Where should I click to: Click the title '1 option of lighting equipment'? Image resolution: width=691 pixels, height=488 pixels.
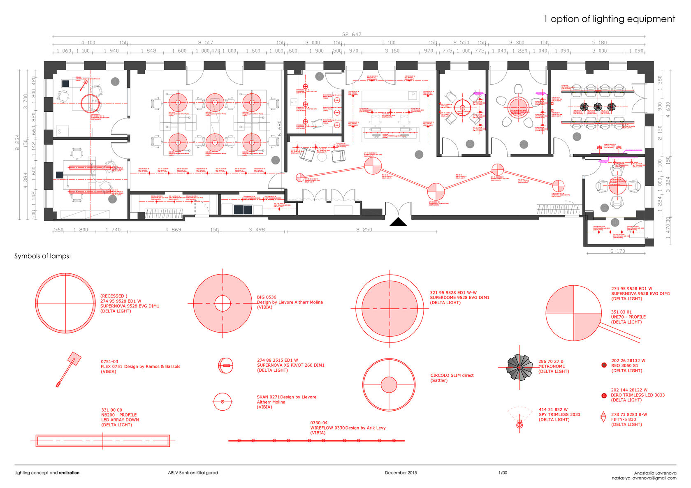(609, 19)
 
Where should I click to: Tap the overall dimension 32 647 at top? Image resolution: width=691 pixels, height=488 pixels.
(351, 35)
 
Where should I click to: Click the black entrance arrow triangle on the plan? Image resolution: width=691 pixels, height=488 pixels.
(398, 222)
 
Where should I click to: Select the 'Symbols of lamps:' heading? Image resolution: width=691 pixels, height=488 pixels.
(43, 256)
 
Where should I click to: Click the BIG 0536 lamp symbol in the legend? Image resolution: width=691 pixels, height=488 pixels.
(223, 304)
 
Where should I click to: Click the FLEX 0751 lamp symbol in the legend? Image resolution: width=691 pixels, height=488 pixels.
(68, 369)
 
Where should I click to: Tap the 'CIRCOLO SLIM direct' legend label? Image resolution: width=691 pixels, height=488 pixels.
(452, 375)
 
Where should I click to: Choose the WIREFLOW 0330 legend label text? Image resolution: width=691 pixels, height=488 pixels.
(348, 428)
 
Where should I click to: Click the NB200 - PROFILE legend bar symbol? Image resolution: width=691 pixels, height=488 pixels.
(103, 441)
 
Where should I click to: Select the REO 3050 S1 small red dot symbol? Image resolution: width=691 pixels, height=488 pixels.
(604, 365)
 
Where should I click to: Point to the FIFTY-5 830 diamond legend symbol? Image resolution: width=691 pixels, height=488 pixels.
(603, 417)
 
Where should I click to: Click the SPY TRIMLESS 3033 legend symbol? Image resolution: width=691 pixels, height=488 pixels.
(519, 423)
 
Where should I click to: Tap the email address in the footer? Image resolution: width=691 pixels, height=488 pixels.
(644, 478)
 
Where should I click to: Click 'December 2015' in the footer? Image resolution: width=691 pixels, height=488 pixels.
(401, 473)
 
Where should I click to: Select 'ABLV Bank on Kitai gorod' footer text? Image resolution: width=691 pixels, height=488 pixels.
(193, 473)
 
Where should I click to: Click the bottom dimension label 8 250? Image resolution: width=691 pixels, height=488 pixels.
(364, 230)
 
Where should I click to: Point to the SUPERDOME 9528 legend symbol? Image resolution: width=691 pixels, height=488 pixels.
(390, 308)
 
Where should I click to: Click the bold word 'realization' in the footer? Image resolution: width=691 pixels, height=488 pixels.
(69, 473)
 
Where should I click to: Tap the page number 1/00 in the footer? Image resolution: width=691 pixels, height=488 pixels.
(503, 473)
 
